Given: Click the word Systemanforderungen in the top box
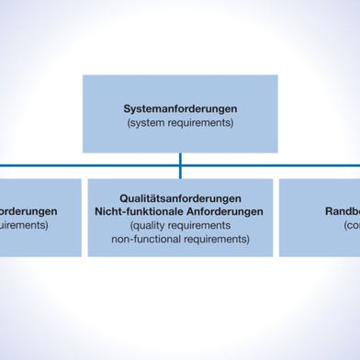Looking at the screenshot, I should pos(180,108).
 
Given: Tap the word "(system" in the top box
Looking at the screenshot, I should pos(150,122).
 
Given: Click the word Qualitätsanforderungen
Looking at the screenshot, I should pos(180,198).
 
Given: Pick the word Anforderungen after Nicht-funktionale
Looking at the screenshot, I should pos(222,211).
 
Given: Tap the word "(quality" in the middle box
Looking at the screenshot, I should pos(152,225).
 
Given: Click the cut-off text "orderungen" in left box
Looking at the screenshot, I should pos(28,211).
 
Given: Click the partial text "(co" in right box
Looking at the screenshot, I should pos(350,225).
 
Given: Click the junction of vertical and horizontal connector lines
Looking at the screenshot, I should pos(180,165).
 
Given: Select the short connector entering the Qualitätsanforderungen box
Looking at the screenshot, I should pos(180,173).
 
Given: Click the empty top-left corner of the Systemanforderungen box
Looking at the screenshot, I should pos(91,82).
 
